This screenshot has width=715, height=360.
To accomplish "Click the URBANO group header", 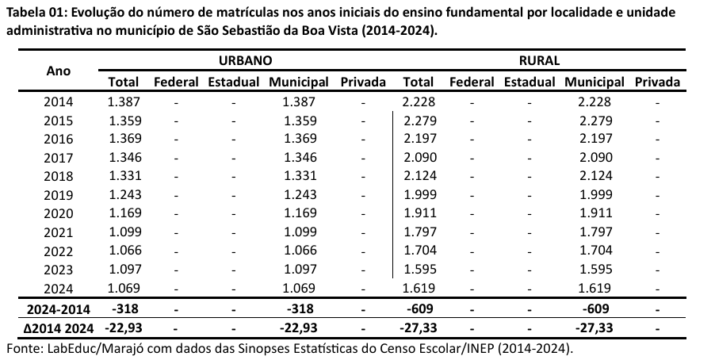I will click(x=246, y=60).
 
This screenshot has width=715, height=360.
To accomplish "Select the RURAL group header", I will click(x=540, y=60).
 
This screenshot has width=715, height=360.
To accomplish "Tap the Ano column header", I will click(x=59, y=70).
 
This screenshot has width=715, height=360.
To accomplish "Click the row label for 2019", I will click(x=59, y=194).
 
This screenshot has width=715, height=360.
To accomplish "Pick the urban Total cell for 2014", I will click(x=123, y=101).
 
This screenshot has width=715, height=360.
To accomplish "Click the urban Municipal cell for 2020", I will click(x=299, y=213).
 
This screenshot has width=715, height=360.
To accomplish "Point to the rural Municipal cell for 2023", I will click(x=595, y=268).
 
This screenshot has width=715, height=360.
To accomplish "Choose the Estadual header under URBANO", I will click(x=233, y=82).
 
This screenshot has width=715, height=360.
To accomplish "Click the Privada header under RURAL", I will click(x=657, y=82).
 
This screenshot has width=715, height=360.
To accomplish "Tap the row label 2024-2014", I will click(x=59, y=308).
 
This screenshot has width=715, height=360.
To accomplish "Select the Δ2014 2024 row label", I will click(x=59, y=327).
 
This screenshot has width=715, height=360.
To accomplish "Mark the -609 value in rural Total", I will click(x=418, y=308).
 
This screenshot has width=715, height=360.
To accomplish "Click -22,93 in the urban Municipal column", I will click(x=299, y=327).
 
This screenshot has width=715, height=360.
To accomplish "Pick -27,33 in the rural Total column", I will click(x=418, y=327).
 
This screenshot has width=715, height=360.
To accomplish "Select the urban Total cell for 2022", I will click(x=123, y=250).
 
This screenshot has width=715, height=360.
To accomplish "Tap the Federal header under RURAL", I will click(x=471, y=82).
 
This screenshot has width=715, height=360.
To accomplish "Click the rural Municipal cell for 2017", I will click(x=595, y=157).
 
